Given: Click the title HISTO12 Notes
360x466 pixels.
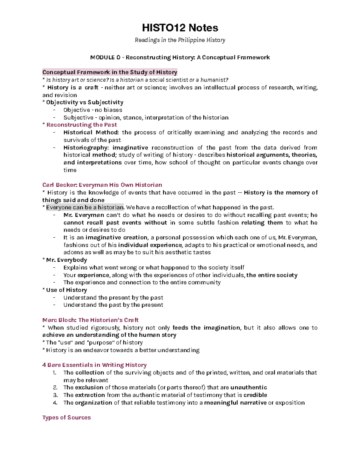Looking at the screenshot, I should point(180,28).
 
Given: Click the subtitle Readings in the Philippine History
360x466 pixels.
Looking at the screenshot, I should point(180,40).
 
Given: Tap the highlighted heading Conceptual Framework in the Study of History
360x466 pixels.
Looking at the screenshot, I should point(110,72).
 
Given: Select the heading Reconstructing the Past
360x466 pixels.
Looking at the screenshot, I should point(82,125).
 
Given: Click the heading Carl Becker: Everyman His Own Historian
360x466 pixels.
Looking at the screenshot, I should point(102,185).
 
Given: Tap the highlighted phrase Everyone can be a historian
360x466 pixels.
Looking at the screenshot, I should point(85,207).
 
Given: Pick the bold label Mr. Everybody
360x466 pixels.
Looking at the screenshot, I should point(66,260).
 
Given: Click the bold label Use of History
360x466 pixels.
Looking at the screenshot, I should point(66,290).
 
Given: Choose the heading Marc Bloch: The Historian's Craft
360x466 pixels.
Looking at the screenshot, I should point(90,320).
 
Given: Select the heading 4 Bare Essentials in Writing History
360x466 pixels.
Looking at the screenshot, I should point(94,365).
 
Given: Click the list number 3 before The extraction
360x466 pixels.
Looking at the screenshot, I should point(55,395).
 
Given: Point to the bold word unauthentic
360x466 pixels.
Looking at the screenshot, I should point(249,387).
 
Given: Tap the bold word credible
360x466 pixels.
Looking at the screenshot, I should point(255,395).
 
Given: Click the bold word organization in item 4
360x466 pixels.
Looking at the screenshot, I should point(93,403).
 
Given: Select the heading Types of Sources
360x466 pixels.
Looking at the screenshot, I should point(67,417).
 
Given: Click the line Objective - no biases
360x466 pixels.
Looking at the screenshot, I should point(93,110).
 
